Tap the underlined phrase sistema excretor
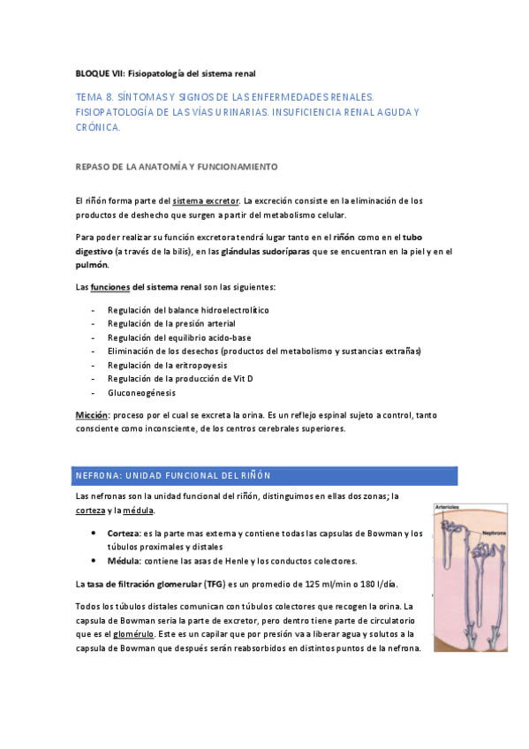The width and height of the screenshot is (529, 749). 206,201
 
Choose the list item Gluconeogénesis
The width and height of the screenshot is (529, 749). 141,392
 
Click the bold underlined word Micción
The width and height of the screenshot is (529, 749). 92,414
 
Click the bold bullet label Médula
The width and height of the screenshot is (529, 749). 124,561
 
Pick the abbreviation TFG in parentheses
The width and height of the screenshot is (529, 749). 215,585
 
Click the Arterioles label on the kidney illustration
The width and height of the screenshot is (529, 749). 449,507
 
